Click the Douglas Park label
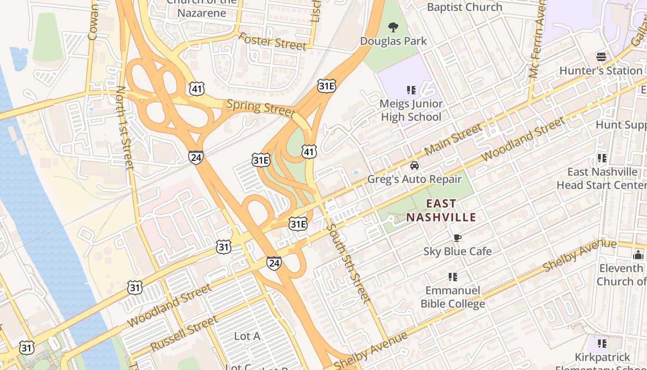[393, 41]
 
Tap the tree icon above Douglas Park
[393, 27]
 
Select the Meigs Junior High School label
[411, 110]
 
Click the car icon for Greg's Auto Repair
[415, 166]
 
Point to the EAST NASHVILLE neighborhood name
[441, 210]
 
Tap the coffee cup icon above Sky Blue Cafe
[457, 238]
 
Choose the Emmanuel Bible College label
[452, 297]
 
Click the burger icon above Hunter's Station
[601, 57]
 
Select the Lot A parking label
[247, 336]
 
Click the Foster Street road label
[272, 42]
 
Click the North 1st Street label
[125, 127]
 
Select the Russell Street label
[183, 334]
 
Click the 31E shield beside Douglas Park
[326, 86]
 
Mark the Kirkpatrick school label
[602, 358]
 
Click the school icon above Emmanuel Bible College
[452, 277]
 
